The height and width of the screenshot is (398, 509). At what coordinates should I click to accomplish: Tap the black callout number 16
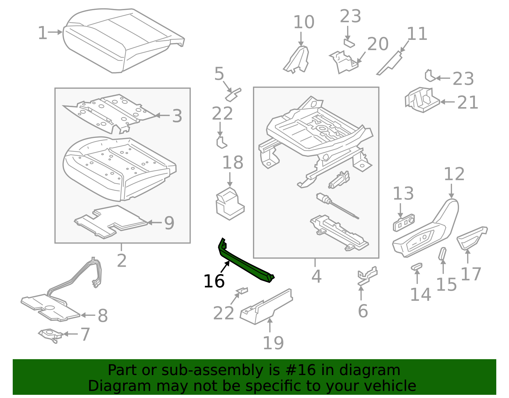pyautogui.click(x=214, y=281)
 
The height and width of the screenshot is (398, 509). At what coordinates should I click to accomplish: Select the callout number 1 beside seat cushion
pyautogui.click(x=42, y=33)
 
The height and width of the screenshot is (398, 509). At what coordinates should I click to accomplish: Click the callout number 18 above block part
pyautogui.click(x=233, y=163)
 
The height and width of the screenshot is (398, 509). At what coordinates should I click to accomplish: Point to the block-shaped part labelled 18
pyautogui.click(x=229, y=204)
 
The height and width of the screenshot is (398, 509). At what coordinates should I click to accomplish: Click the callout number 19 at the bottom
pyautogui.click(x=273, y=343)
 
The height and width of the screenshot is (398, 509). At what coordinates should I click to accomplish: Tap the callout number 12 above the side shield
pyautogui.click(x=454, y=174)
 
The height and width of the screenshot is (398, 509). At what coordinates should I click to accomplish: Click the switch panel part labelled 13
pyautogui.click(x=404, y=223)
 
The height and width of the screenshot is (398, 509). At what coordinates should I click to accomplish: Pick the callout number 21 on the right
pyautogui.click(x=468, y=103)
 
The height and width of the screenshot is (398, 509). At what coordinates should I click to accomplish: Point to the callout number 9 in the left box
pyautogui.click(x=169, y=223)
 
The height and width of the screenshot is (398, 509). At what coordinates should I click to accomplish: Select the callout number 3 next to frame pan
pyautogui.click(x=177, y=116)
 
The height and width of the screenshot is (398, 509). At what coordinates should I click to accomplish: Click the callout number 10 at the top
pyautogui.click(x=303, y=22)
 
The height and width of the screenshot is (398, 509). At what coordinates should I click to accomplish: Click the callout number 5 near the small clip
pyautogui.click(x=219, y=74)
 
